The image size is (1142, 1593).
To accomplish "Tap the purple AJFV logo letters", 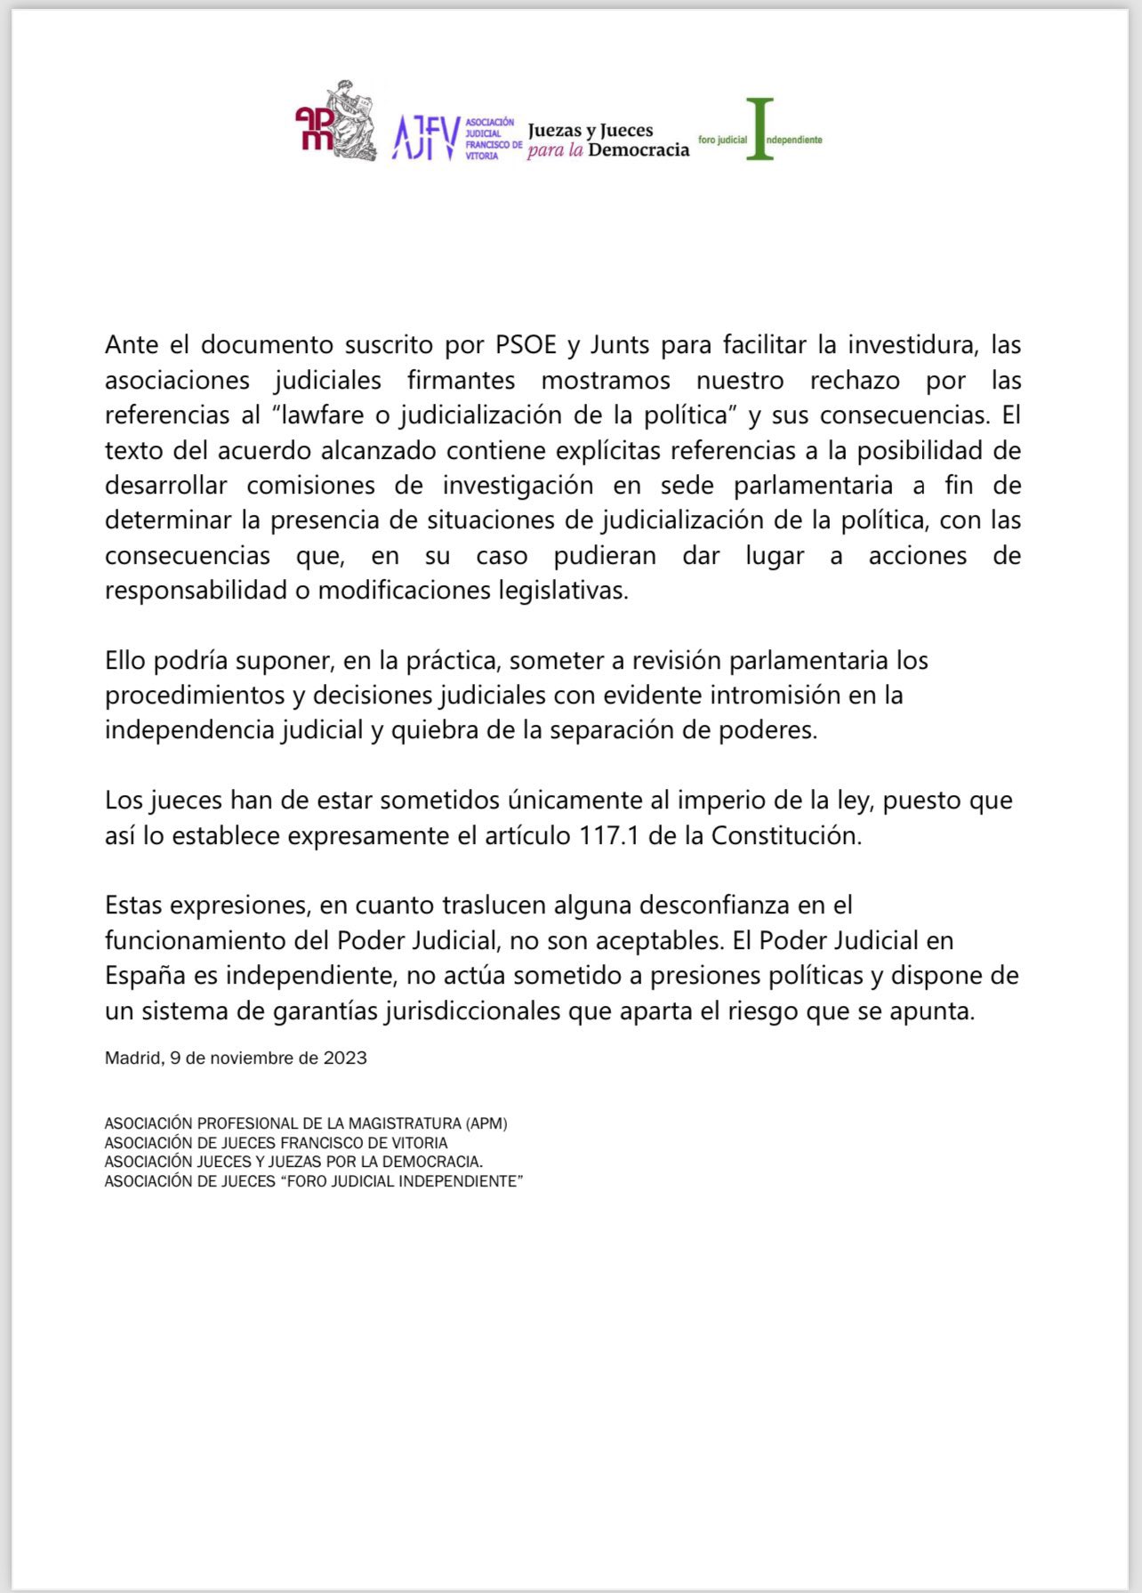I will click(x=426, y=138).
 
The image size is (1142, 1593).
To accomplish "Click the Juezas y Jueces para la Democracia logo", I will click(x=607, y=141).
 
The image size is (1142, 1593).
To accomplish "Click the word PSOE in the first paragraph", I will click(x=525, y=344).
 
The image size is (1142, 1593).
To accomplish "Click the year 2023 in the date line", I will click(x=345, y=1058).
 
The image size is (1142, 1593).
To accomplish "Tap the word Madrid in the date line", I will click(x=133, y=1058).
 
